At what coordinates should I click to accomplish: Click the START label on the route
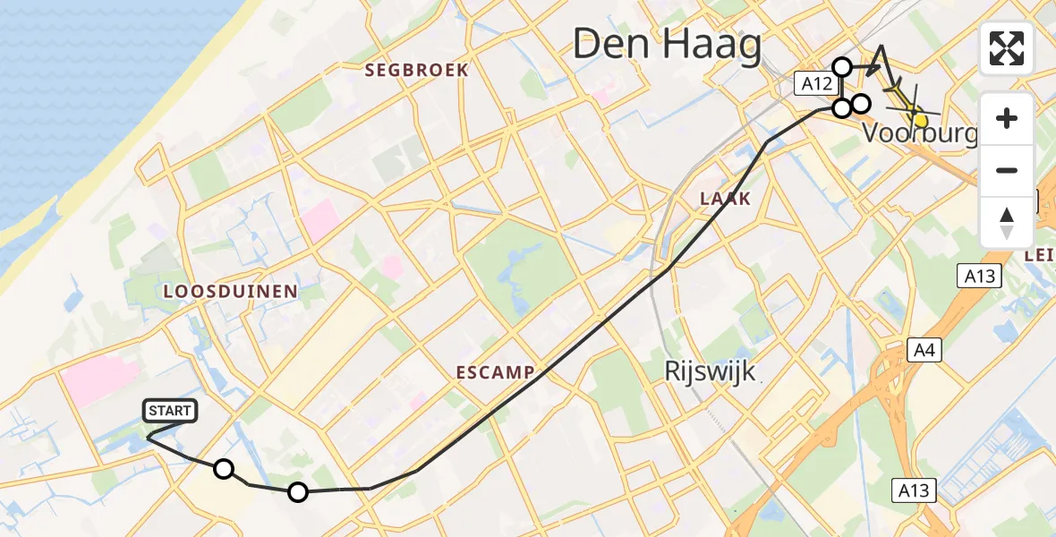169,411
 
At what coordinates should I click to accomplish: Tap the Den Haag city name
667,44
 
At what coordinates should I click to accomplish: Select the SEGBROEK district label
417,70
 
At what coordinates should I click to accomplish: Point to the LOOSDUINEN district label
231,291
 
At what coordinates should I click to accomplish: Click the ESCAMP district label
495,371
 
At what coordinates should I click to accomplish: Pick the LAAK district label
726,198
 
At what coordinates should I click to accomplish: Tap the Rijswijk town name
711,371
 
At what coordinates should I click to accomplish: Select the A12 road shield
817,85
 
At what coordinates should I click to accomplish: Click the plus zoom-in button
1007,118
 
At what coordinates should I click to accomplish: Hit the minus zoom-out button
1007,170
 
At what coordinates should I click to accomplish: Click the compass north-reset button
1007,222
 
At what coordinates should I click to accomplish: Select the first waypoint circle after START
224,469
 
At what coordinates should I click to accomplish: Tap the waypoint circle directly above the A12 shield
842,66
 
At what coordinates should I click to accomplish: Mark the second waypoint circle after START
298,491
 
